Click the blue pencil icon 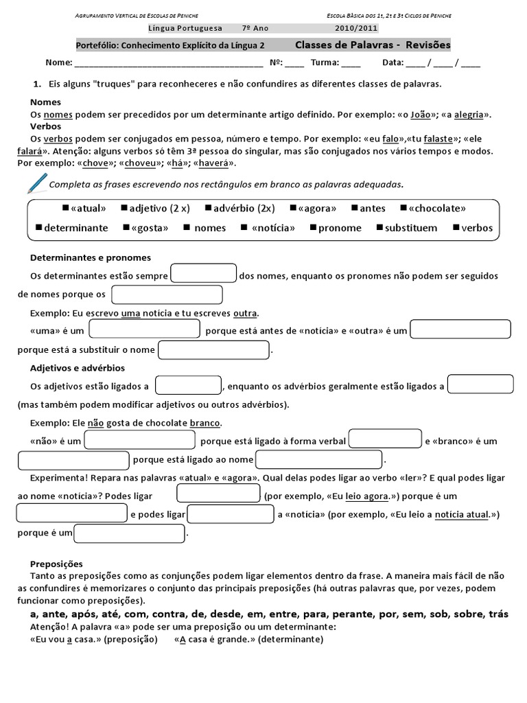point(36,183)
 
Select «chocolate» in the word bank point(437,208)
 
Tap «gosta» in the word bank point(149,228)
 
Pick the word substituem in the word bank point(410,228)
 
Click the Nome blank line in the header point(168,63)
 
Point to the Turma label point(325,62)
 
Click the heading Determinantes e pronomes point(91,257)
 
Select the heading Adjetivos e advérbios point(77,368)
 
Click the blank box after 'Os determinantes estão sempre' point(204,273)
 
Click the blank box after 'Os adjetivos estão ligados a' point(188,385)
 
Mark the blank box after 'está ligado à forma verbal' point(385,439)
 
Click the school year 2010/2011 point(356,29)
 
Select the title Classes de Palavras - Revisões point(373,45)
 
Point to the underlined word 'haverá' point(215,163)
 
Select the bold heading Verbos point(45,126)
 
